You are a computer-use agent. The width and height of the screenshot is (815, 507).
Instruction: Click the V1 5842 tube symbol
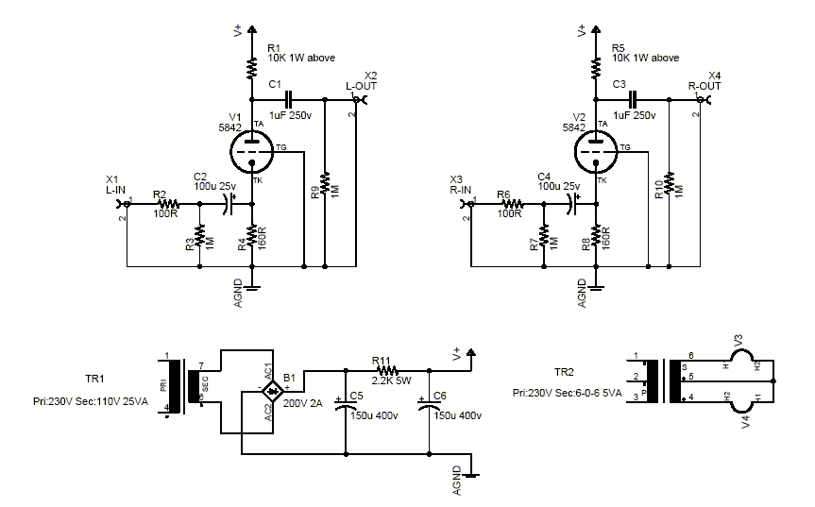[252, 147]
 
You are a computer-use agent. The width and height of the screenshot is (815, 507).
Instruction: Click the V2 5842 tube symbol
[598, 147]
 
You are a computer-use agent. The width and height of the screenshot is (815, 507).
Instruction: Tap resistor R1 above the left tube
[252, 68]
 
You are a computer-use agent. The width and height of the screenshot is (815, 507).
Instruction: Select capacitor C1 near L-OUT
[289, 98]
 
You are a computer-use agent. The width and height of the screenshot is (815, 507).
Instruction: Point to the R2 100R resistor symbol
[168, 203]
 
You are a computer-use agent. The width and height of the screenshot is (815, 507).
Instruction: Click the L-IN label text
[117, 191]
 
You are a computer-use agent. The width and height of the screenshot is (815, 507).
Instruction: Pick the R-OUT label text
[705, 86]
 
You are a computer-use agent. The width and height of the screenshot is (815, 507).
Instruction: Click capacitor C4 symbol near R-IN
[572, 203]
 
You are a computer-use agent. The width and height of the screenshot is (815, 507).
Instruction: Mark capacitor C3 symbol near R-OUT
[634, 98]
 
